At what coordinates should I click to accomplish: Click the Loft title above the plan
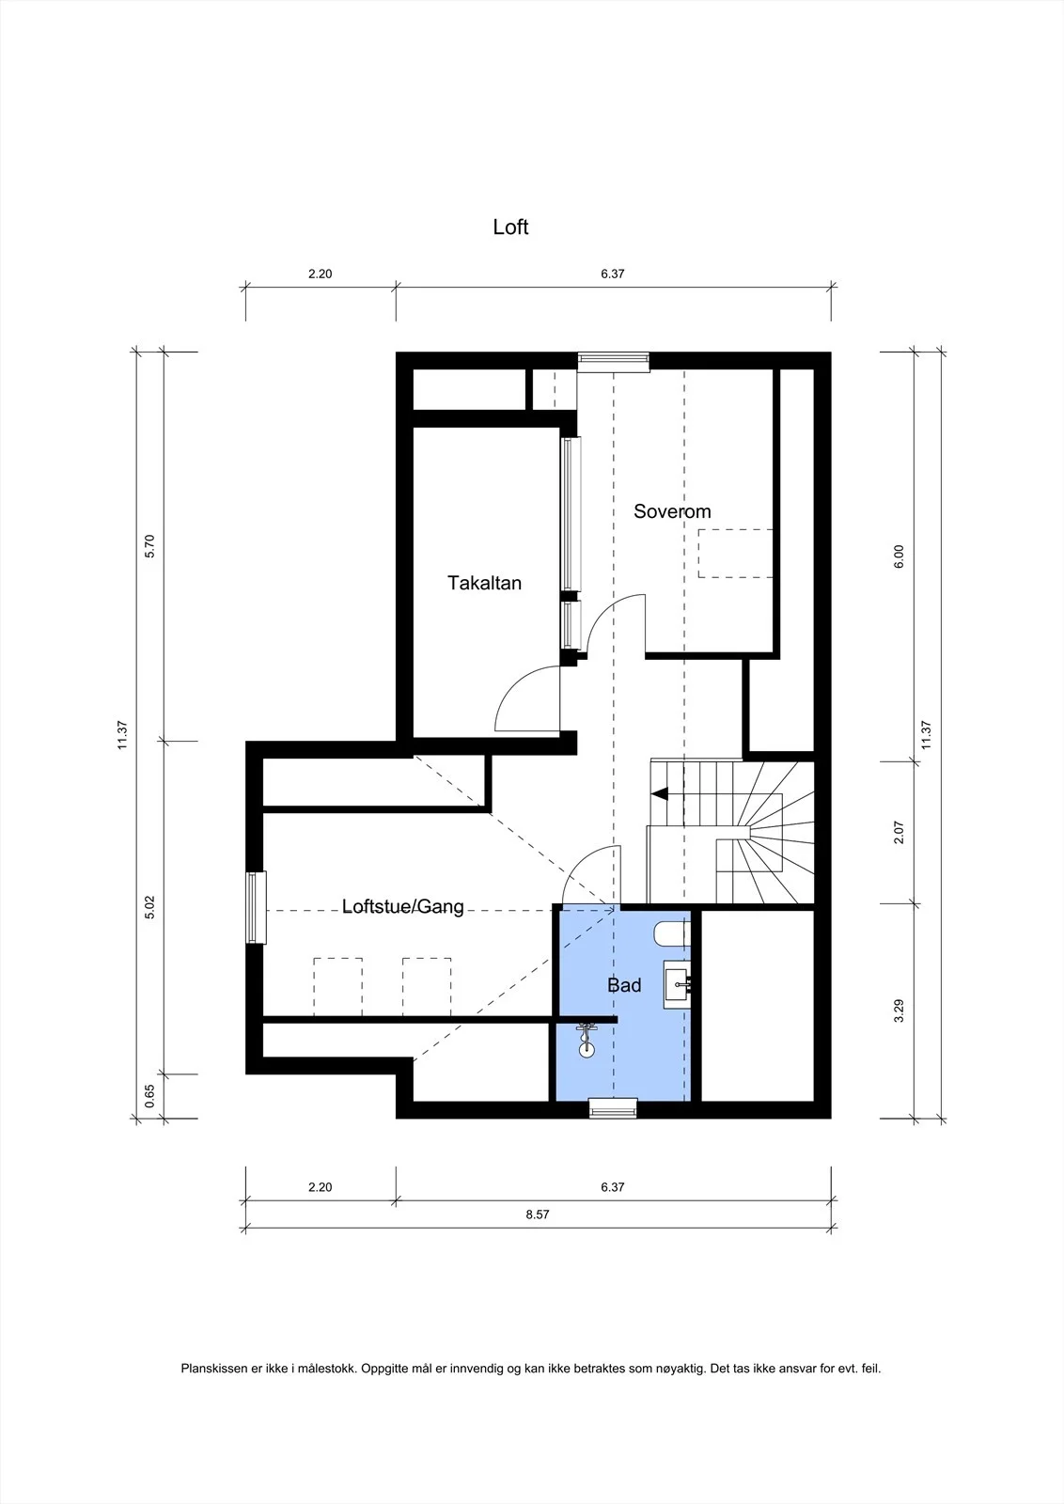click(510, 227)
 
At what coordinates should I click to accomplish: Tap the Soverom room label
click(672, 511)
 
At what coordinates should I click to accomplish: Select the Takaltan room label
click(485, 583)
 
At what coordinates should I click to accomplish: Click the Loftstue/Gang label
click(403, 907)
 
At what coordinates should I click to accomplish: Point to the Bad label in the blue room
click(624, 985)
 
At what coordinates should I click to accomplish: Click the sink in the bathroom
click(678, 984)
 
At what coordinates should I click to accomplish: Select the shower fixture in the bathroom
click(587, 1041)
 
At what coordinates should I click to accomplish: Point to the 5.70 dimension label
click(149, 546)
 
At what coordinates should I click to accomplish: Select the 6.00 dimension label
click(899, 556)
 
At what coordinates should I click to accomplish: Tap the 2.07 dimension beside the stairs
click(899, 833)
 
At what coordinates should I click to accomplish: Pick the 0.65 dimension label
click(149, 1096)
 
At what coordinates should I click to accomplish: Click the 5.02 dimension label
click(149, 907)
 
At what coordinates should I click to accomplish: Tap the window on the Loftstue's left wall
click(256, 907)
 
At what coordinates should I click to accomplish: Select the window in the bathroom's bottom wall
click(613, 1108)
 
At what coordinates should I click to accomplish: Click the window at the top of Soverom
click(614, 362)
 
